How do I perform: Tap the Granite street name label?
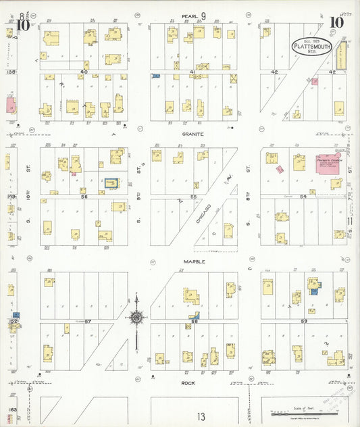pyautogui.click(x=192, y=134)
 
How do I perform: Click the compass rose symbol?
pyautogui.click(x=136, y=318)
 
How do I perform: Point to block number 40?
pyautogui.click(x=84, y=71)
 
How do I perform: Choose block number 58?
pyautogui.click(x=195, y=321)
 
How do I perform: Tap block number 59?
pyautogui.click(x=304, y=321)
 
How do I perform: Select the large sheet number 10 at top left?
pyautogui.click(x=23, y=26)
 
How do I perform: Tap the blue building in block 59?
pyautogui.click(x=314, y=291)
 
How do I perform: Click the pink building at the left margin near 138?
pyautogui.click(x=10, y=105)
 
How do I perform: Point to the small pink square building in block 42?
pyautogui.click(x=314, y=82)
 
